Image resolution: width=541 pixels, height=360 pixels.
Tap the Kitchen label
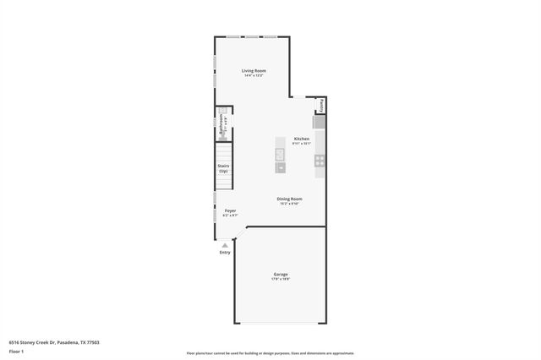click(x=301, y=139)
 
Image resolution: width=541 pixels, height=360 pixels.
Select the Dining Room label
click(x=289, y=199)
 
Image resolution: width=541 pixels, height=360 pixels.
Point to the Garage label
click(x=281, y=274)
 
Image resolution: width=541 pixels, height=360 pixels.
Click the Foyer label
click(x=230, y=210)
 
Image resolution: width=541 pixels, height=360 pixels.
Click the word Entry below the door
click(x=225, y=252)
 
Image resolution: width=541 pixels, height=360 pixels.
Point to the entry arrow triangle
click(x=225, y=245)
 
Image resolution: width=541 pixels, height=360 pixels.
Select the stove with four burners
click(x=320, y=160)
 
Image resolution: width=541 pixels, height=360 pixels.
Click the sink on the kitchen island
click(x=280, y=153)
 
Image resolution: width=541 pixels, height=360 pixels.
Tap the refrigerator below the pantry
click(x=320, y=123)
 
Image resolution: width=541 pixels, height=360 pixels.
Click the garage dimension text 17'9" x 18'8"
click(x=281, y=279)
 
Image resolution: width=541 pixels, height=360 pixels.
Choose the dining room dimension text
click(x=289, y=204)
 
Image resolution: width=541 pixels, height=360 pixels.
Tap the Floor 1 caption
click(x=17, y=351)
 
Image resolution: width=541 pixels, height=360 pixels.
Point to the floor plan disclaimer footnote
click(x=270, y=353)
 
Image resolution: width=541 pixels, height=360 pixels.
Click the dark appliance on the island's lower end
click(x=280, y=167)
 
